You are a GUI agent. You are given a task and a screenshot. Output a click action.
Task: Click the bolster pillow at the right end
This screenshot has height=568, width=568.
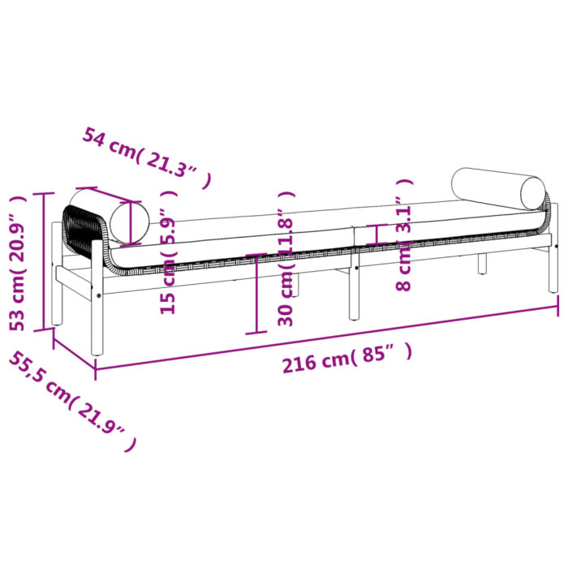click(499, 187)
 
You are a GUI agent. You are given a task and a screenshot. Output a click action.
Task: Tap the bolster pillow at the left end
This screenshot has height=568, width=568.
click(110, 215)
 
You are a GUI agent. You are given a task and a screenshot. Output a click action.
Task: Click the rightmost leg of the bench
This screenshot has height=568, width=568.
click(553, 268)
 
